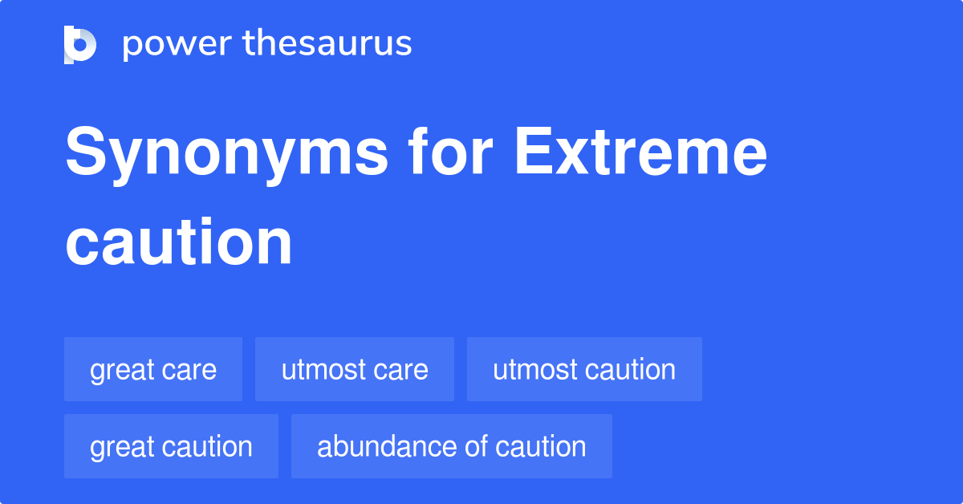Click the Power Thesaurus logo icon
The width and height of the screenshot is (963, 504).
[80, 44]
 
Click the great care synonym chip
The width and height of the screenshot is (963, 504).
[153, 369]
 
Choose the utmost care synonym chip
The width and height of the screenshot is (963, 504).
[355, 369]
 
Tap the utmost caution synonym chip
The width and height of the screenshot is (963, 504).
[584, 369]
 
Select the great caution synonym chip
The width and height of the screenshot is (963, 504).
[171, 446]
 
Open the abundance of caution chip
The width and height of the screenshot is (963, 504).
[452, 446]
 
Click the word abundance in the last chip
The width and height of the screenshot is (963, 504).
[384, 446]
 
